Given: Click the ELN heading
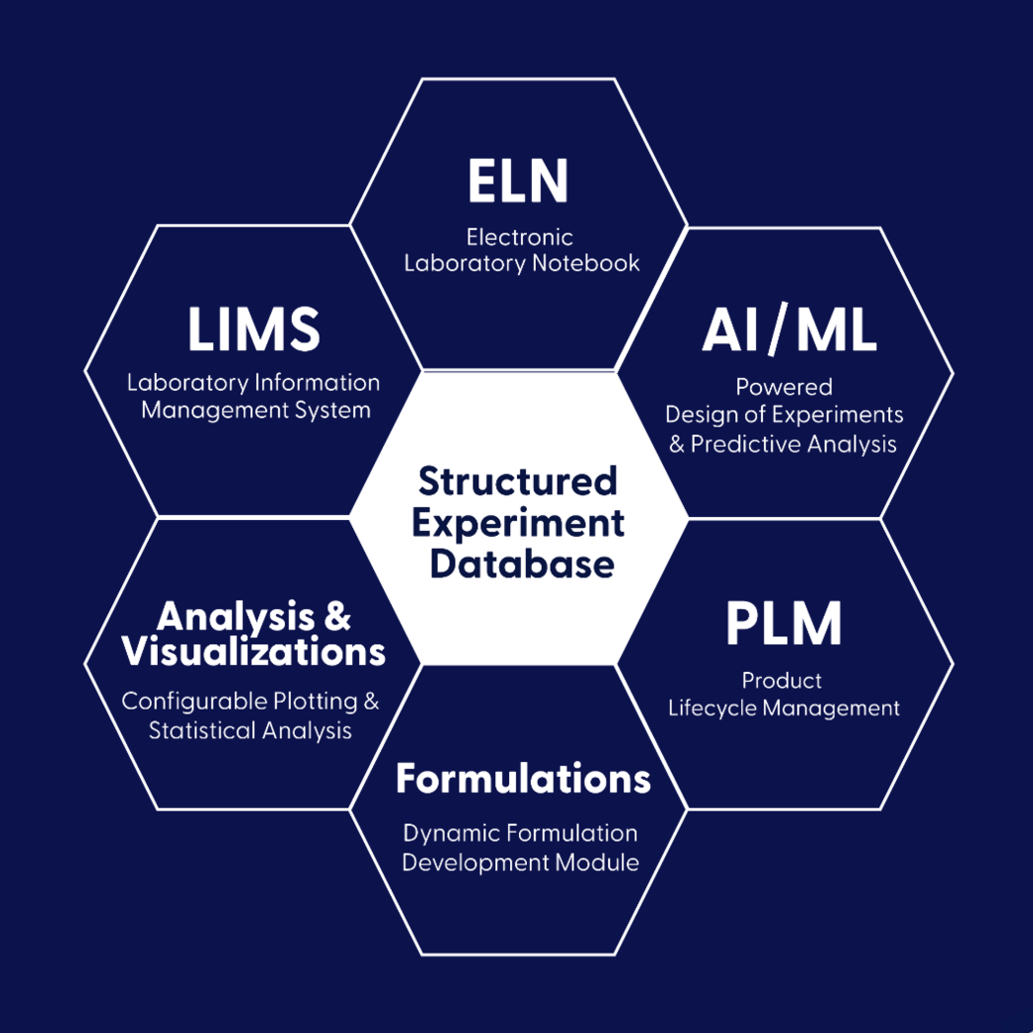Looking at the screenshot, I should point(518,182).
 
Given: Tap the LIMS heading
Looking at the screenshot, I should point(254,329).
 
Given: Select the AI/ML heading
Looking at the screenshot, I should point(789,331).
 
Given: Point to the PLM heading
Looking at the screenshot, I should point(783,623).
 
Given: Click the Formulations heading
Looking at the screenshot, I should point(523,779).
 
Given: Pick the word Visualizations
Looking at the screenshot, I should point(253,652).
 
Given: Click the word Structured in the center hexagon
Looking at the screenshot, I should point(517,481).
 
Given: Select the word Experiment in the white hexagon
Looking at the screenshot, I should point(519,522).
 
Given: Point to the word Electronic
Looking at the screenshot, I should point(520,237).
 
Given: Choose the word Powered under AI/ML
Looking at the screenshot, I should point(784,386).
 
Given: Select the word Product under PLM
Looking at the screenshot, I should point(783,681).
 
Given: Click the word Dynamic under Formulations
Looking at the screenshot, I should point(444,834).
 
